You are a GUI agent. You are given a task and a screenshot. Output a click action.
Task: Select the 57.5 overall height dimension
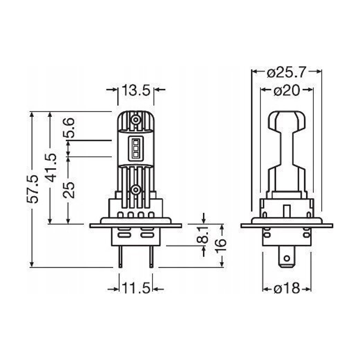(x=32, y=189)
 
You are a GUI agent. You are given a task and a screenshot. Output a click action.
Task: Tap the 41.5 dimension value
(x=50, y=168)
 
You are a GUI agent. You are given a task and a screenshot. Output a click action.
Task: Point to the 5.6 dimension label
(x=69, y=127)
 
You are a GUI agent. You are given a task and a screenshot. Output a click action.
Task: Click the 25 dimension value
(x=69, y=190)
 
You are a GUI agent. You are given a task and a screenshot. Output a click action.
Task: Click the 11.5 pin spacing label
(x=136, y=288)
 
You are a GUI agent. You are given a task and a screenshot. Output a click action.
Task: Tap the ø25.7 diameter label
(x=287, y=72)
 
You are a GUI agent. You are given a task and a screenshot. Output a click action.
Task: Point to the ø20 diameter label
(x=287, y=91)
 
